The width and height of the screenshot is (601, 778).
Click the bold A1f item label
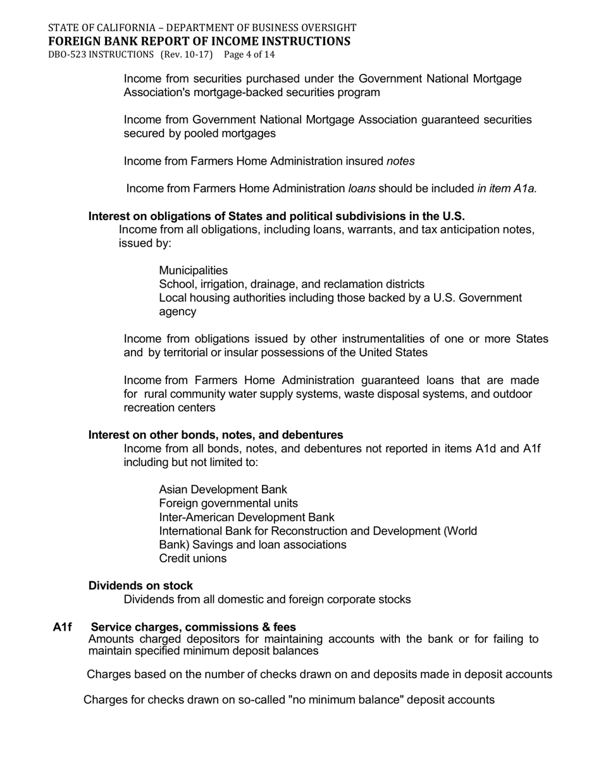pos(62,627)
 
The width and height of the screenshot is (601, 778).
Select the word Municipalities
pos(193,270)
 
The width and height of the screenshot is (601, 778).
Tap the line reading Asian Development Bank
pos(223,490)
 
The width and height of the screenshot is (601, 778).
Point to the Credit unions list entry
pos(192,559)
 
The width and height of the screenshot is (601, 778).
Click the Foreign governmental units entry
pos(228,503)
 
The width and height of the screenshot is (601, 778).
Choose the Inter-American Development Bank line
pos(247,517)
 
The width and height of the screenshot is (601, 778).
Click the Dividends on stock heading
pos(140,586)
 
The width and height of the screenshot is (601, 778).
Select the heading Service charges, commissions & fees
pos(193,627)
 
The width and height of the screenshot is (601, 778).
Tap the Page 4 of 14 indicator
pos(249,54)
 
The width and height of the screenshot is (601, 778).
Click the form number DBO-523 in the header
pos(68,54)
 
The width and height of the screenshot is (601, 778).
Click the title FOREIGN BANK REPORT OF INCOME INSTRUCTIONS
pos(199,41)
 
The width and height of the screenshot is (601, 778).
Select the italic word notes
pos(400,161)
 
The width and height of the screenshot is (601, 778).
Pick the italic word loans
pos(362,188)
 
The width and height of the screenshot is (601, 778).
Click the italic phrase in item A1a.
pos(507,188)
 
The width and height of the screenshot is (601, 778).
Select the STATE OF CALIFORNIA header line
pos(202,28)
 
